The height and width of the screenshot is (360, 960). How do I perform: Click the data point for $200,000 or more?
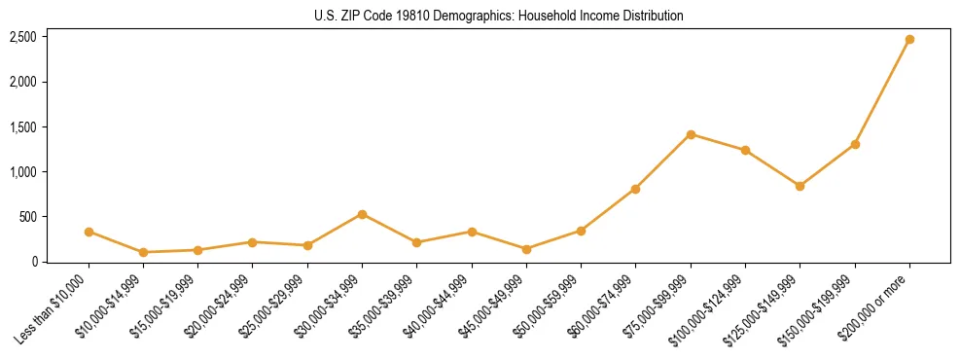[x=909, y=40]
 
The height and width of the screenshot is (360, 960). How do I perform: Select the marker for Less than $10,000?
[x=89, y=232]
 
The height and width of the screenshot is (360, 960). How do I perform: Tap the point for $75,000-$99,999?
[x=691, y=134]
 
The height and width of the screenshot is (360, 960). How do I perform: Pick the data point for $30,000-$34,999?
[x=362, y=214]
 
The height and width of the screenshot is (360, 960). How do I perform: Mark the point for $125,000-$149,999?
[x=800, y=186]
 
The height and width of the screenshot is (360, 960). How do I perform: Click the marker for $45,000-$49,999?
[x=526, y=249]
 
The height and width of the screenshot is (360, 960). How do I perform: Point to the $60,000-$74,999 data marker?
[x=635, y=189]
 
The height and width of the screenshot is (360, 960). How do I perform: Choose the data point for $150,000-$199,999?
[x=855, y=144]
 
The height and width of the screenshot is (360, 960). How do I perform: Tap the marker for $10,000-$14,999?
[x=143, y=252]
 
